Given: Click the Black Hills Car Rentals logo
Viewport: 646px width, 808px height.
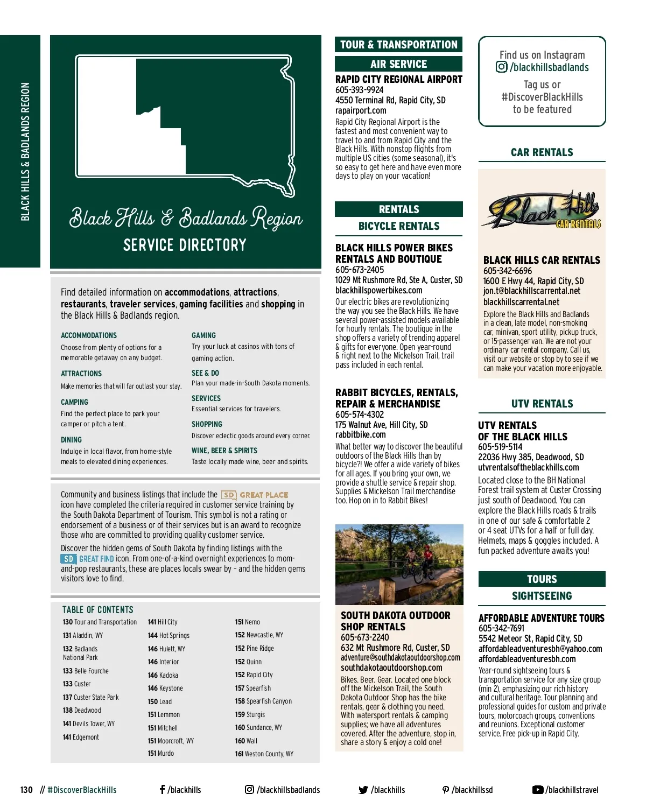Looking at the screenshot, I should tap(543, 212).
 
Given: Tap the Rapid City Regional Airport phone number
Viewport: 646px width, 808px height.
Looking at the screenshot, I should tap(360, 90).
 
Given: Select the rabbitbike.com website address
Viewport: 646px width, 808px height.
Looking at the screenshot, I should tap(360, 435).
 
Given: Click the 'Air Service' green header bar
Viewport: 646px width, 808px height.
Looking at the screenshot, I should tap(398, 64).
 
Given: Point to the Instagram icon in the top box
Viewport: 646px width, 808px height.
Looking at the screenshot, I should tap(501, 67).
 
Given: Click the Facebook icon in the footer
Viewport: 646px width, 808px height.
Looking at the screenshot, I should tap(162, 790).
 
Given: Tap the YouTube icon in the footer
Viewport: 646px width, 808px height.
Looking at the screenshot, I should tap(537, 790).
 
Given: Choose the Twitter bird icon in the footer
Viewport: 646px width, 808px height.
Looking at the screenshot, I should tap(363, 790).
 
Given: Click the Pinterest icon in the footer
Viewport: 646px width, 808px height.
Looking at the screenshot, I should tap(445, 790).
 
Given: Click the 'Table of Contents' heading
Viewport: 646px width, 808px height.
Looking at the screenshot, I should tap(98, 610).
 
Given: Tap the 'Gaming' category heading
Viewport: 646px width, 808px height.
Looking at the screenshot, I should tap(203, 335).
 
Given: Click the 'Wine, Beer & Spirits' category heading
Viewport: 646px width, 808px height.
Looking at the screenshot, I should tap(224, 451).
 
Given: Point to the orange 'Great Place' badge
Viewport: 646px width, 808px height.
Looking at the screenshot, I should tap(255, 495).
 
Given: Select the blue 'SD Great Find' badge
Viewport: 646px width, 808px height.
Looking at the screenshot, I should tap(87, 559).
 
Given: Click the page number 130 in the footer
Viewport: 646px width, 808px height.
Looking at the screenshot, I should tap(26, 790).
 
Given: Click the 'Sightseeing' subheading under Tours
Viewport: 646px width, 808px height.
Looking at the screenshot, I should tap(542, 596).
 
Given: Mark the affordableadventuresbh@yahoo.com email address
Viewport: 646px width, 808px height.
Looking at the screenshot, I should tap(540, 649).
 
